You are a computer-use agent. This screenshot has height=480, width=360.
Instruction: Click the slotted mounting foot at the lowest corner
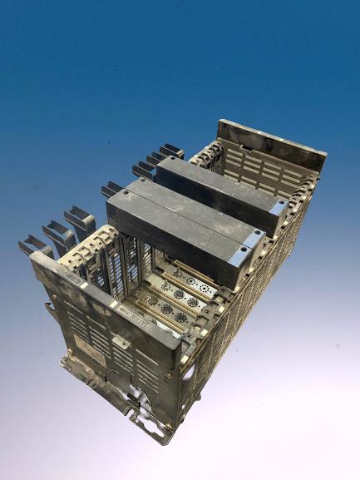point(158,428)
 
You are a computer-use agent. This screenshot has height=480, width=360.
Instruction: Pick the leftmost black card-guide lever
point(34,245)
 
